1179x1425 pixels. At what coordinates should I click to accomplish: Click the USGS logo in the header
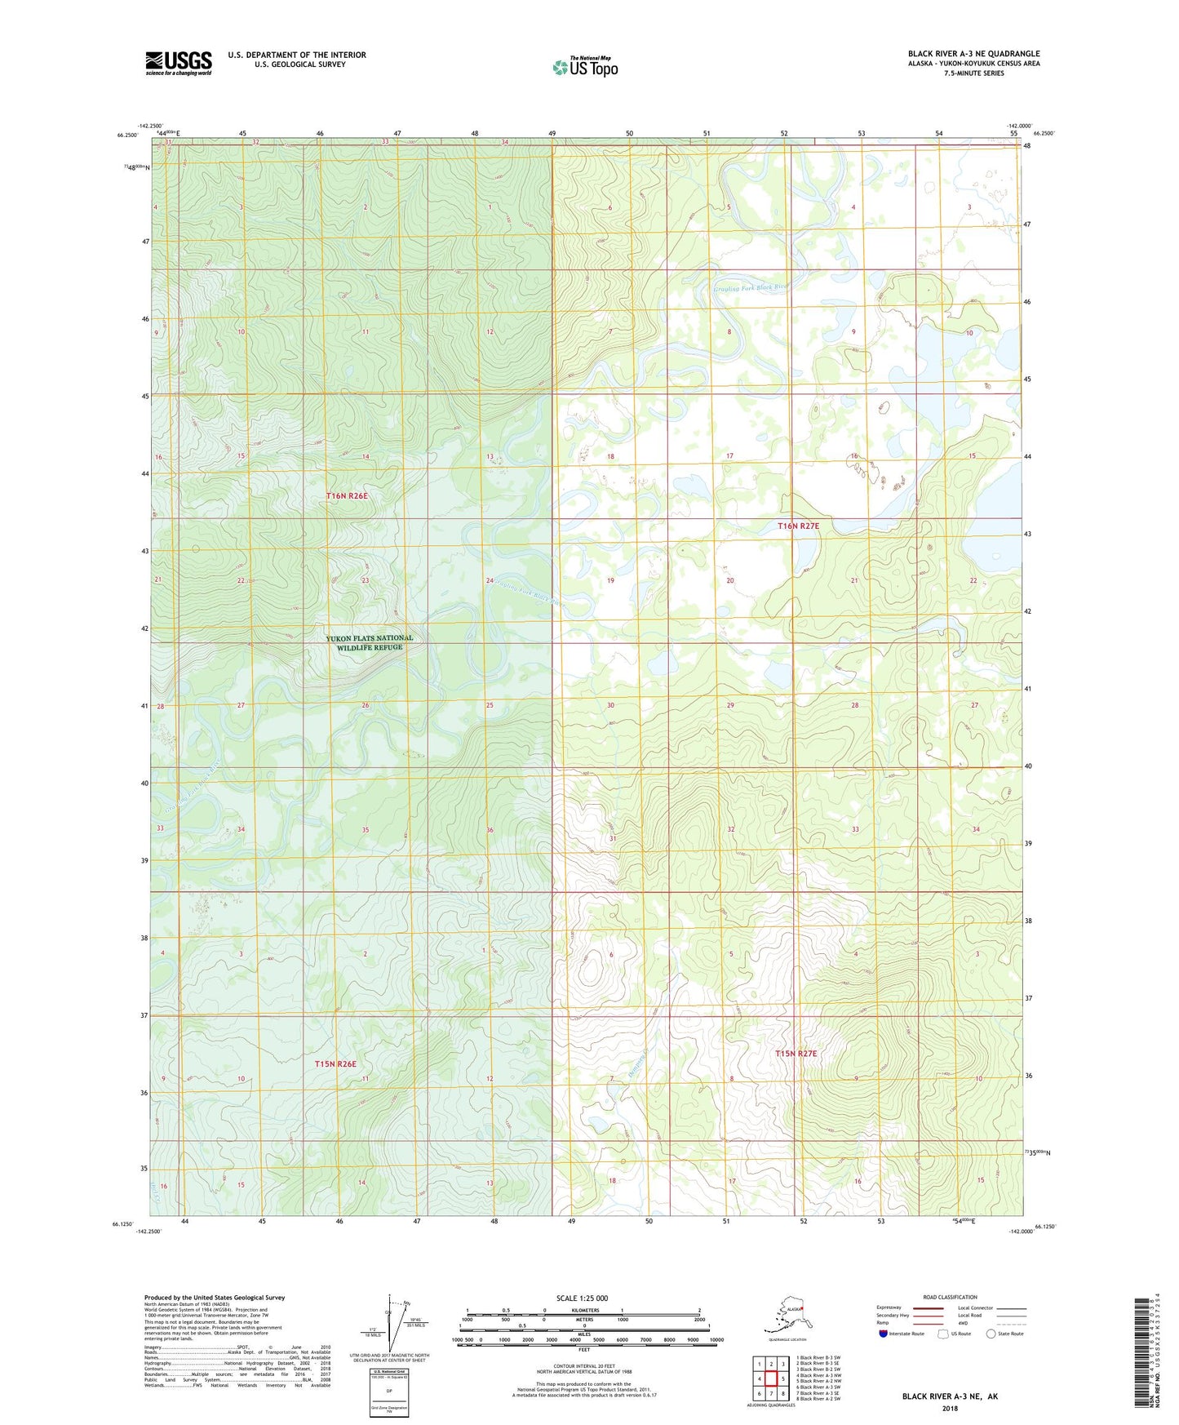(x=179, y=63)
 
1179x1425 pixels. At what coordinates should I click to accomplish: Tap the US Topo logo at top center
(x=584, y=67)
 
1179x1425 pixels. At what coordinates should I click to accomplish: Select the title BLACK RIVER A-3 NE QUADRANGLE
(x=973, y=54)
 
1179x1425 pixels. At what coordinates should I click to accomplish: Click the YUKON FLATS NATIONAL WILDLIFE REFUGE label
(x=369, y=642)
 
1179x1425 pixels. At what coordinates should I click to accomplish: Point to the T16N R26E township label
(x=348, y=496)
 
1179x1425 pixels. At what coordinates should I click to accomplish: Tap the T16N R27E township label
(x=798, y=526)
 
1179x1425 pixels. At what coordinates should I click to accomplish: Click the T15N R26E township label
(x=335, y=1064)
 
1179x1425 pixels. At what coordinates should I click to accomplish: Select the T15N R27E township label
(x=796, y=1054)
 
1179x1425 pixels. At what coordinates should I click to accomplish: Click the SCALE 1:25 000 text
(x=582, y=1298)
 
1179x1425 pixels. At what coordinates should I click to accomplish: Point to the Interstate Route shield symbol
(x=883, y=1334)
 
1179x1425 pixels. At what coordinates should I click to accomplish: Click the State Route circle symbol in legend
(x=991, y=1334)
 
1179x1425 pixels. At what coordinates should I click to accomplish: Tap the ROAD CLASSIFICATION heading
(x=950, y=1297)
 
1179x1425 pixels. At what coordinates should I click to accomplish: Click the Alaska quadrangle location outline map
(x=787, y=1316)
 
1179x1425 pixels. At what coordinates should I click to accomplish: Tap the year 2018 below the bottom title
(x=949, y=1408)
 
